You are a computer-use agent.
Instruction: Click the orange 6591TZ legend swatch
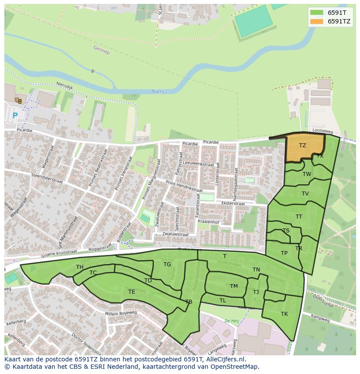click(x=317, y=21)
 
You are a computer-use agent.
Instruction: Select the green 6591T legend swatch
click(x=317, y=12)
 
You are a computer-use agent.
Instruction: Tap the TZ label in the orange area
click(x=302, y=146)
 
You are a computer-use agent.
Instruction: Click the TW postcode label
click(x=307, y=174)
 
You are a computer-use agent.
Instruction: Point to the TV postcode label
click(x=305, y=194)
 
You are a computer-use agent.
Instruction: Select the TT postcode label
click(x=299, y=216)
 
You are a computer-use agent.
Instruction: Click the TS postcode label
click(x=286, y=231)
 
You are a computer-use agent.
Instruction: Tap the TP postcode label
click(x=284, y=253)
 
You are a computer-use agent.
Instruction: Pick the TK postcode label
click(x=284, y=314)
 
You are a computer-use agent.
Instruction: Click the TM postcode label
click(x=234, y=286)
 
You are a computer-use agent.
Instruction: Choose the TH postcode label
click(x=80, y=267)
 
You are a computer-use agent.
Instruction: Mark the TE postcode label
click(x=131, y=292)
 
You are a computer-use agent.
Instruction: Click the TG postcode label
click(x=167, y=264)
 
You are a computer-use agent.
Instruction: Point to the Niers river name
click(x=157, y=91)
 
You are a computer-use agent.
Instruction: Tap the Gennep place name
click(x=101, y=50)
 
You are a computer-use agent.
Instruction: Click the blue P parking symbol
click(x=15, y=116)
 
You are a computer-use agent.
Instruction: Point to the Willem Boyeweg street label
click(x=121, y=313)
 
